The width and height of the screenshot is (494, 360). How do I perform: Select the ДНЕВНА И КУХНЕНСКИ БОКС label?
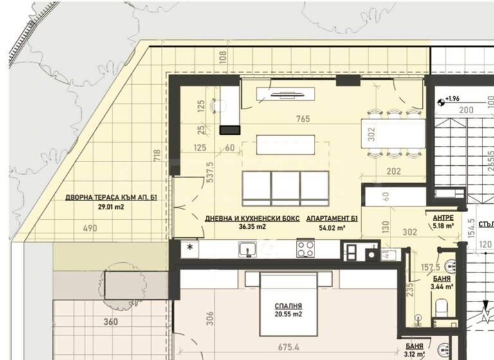[x=252, y=219]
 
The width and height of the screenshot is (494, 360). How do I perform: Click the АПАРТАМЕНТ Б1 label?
[x=332, y=219]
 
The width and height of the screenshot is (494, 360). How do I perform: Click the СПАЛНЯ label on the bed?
[x=288, y=306]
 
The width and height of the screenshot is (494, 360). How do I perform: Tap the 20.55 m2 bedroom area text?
[x=288, y=316]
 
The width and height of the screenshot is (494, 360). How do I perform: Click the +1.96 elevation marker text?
[x=452, y=98]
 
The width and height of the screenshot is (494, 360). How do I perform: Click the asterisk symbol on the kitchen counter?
[x=190, y=248]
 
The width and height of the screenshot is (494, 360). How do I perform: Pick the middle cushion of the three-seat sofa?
[x=286, y=188]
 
